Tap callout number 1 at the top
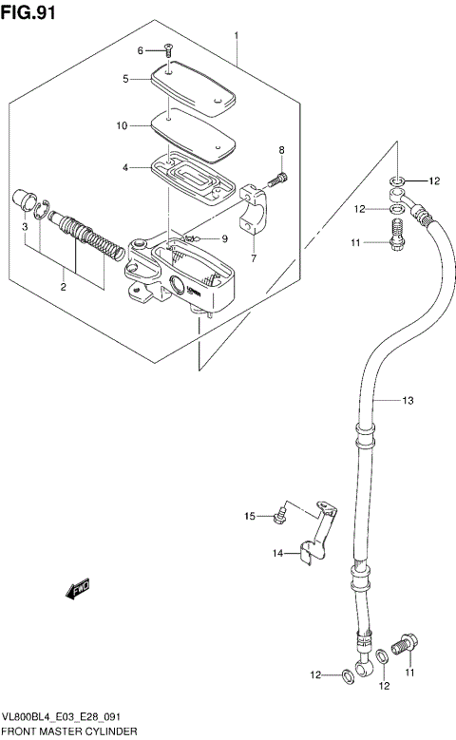click(x=237, y=35)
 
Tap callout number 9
click(x=224, y=238)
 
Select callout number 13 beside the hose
click(x=408, y=401)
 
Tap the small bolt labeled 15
click(x=278, y=516)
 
